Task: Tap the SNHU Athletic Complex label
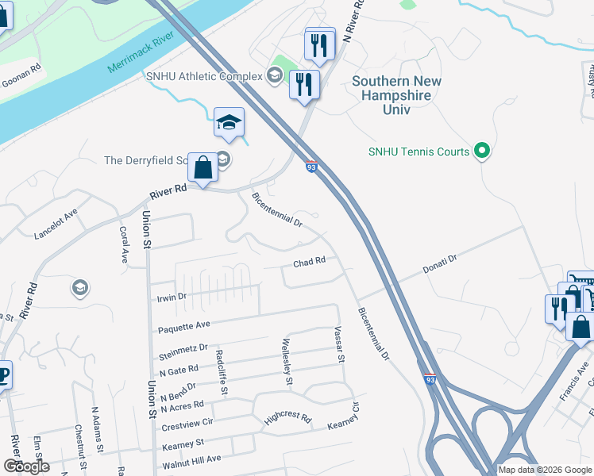point(204,76)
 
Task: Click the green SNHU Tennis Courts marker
point(480,150)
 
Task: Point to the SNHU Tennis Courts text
point(419,151)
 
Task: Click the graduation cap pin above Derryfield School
point(229,124)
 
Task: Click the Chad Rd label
point(310,261)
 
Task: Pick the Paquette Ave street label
point(184,324)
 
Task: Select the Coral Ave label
point(124,245)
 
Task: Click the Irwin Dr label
point(171,297)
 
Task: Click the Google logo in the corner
point(26,466)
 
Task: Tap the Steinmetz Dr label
point(183,347)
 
